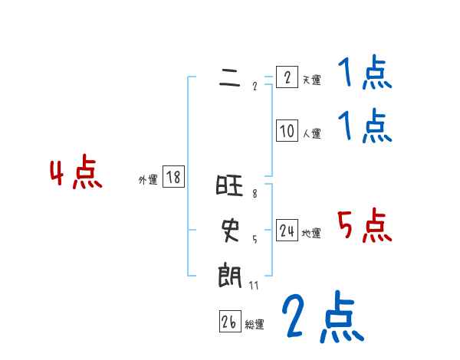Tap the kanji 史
(230, 228)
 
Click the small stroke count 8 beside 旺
(255, 195)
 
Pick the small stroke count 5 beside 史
(255, 238)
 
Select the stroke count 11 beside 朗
(254, 286)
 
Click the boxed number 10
(287, 131)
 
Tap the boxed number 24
(287, 231)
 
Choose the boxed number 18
(173, 178)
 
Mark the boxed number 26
(229, 322)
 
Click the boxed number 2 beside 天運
(287, 77)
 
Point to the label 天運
(311, 80)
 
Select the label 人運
(311, 133)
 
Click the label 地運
(311, 233)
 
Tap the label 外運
(148, 180)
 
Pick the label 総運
(255, 325)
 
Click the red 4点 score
(77, 174)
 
